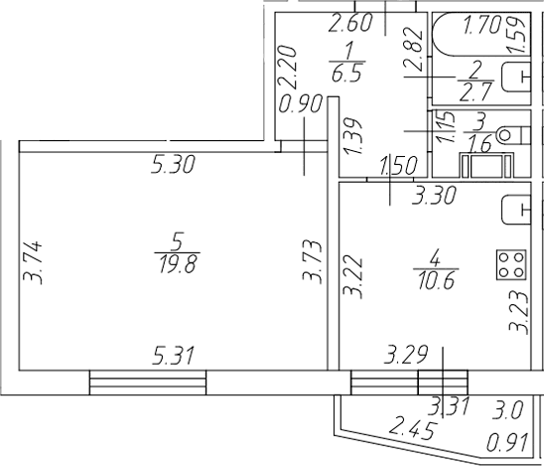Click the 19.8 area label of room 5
click(x=178, y=263)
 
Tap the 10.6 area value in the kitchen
click(x=436, y=280)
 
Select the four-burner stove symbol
click(x=511, y=265)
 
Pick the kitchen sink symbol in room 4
click(x=516, y=210)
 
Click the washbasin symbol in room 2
click(x=516, y=77)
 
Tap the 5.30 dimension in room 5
click(x=173, y=164)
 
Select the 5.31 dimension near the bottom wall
click(x=173, y=356)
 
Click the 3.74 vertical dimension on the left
click(x=33, y=262)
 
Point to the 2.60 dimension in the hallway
click(x=350, y=23)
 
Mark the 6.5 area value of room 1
click(x=347, y=73)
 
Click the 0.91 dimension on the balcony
click(x=507, y=442)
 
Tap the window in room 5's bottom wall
click(x=148, y=383)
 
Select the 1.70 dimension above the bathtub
click(x=482, y=25)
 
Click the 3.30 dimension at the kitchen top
click(x=434, y=195)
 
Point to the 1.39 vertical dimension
click(x=352, y=137)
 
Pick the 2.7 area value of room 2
click(x=476, y=92)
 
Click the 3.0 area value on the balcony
click(x=508, y=410)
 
